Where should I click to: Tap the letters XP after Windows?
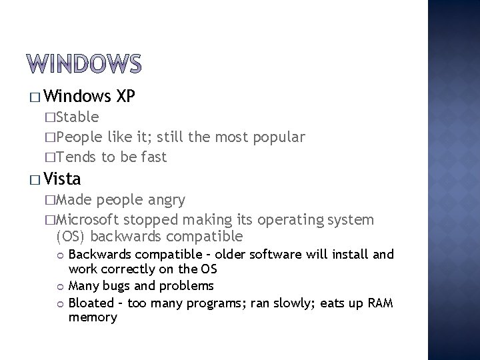click(126, 97)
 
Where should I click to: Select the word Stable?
click(77, 118)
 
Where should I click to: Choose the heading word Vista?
click(65, 179)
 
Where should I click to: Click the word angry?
click(165, 200)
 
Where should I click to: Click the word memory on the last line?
click(93, 317)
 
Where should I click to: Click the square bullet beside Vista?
click(35, 179)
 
